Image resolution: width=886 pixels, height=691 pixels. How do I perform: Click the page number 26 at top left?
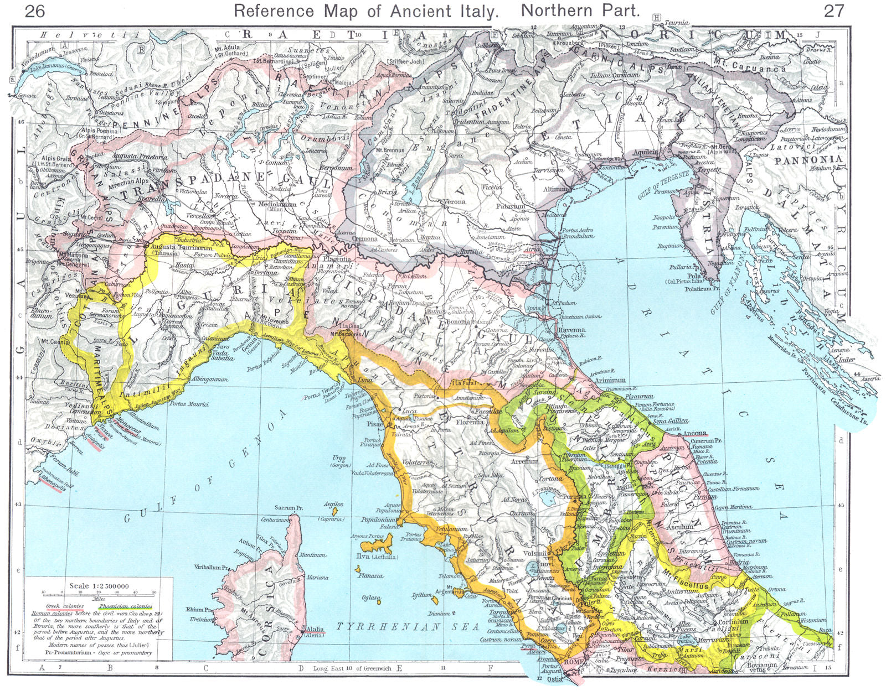pos(35,10)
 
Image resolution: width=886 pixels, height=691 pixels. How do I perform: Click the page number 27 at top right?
pos(833,10)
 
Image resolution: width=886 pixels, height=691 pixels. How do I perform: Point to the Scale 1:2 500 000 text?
pos(99,586)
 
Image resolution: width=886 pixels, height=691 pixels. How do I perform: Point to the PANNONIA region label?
pos(809,160)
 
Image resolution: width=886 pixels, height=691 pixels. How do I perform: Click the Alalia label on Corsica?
pos(313,629)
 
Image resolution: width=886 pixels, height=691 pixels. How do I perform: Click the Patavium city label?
pos(510,206)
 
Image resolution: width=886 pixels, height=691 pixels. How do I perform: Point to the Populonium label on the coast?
pos(379,521)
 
